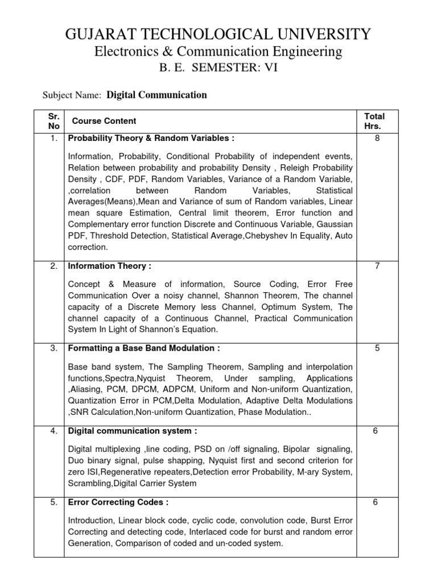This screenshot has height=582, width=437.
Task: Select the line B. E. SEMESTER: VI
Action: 218,69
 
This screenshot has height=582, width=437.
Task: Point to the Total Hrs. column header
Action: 374,121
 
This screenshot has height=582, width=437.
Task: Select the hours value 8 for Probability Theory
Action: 376,138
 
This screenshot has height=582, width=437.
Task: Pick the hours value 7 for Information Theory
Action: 376,266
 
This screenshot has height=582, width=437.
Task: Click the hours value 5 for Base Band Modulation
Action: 376,348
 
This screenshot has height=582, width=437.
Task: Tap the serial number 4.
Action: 53,431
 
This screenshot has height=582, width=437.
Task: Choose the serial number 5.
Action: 53,502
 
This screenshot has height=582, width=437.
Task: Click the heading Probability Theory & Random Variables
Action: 151,138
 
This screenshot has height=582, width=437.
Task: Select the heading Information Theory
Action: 109,266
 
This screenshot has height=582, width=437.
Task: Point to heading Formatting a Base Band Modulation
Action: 143,348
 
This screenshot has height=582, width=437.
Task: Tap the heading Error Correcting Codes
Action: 118,502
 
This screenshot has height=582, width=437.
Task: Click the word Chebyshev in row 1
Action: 268,236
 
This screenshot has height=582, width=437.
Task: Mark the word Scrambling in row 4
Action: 90,484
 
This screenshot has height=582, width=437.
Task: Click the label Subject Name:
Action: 72,95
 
